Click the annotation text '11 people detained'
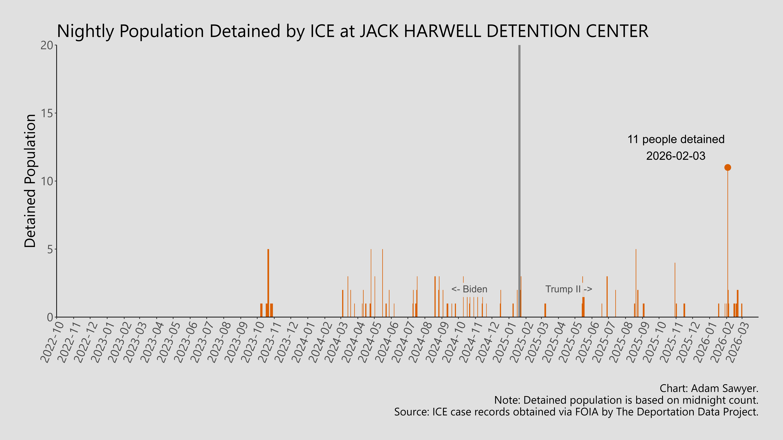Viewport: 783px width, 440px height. pyautogui.click(x=676, y=139)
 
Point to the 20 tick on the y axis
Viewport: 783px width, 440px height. pyautogui.click(x=47, y=45)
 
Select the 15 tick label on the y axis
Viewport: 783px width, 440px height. pyautogui.click(x=47, y=113)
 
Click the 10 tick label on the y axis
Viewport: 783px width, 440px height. pyautogui.click(x=47, y=181)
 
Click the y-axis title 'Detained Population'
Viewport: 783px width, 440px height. pyautogui.click(x=30, y=181)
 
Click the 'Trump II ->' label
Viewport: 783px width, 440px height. pyautogui.click(x=568, y=289)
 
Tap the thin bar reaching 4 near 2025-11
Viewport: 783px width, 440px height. pyautogui.click(x=675, y=288)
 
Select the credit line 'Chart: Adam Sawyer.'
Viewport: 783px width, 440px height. pyautogui.click(x=709, y=388)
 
